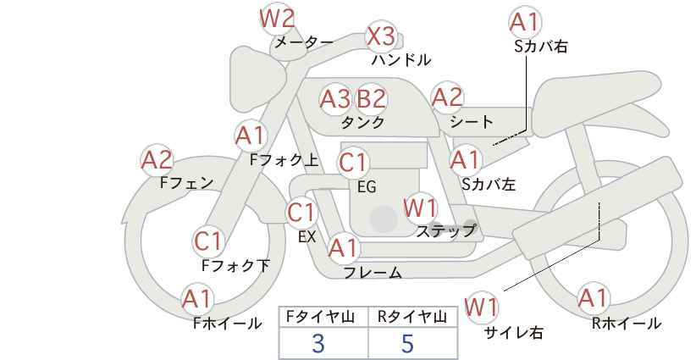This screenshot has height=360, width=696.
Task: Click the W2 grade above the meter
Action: pyautogui.click(x=277, y=19)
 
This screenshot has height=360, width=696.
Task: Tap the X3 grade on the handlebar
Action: pyautogui.click(x=381, y=36)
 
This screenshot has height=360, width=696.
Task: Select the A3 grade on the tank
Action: pyautogui.click(x=334, y=98)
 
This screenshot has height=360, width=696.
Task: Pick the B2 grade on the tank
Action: pyautogui.click(x=371, y=98)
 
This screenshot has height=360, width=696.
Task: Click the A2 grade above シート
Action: pyautogui.click(x=447, y=97)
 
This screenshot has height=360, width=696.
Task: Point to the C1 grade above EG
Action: pyautogui.click(x=353, y=163)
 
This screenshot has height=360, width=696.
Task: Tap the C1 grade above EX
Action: pyautogui.click(x=301, y=213)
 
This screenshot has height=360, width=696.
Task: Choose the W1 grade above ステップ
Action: pyautogui.click(x=420, y=208)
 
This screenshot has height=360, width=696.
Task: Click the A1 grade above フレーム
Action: pyautogui.click(x=343, y=248)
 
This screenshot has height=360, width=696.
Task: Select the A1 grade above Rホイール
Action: pyautogui.click(x=593, y=298)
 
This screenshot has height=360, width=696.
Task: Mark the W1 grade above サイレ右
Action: pyautogui.click(x=481, y=307)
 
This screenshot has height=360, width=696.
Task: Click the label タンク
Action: pyautogui.click(x=362, y=122)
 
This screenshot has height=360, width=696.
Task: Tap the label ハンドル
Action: pyautogui.click(x=401, y=59)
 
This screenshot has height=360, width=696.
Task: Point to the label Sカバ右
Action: pyautogui.click(x=541, y=47)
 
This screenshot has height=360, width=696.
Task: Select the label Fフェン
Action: pyautogui.click(x=186, y=182)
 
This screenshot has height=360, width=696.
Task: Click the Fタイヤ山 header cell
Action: pyautogui.click(x=323, y=318)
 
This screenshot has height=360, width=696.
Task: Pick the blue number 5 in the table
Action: pyautogui.click(x=407, y=343)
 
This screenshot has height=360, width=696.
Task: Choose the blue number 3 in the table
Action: pyautogui.click(x=318, y=343)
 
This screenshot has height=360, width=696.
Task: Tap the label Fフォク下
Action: pyautogui.click(x=235, y=265)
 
